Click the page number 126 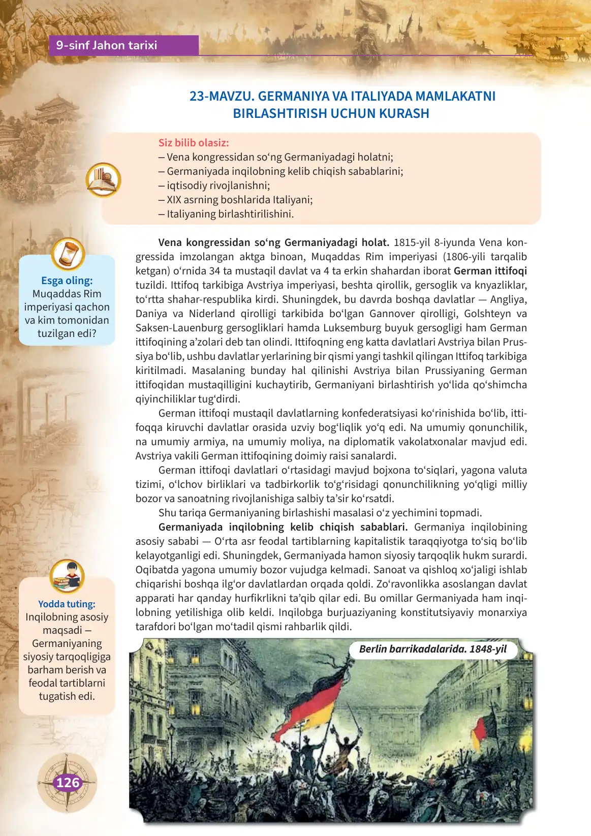[68, 782]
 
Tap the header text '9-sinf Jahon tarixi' [107, 45]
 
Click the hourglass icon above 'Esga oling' [68, 254]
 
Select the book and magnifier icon [103, 180]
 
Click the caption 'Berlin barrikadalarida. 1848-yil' [432, 649]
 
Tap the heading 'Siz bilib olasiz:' [194, 143]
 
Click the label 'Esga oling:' [67, 281]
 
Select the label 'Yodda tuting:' [67, 604]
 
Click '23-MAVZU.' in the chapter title [222, 97]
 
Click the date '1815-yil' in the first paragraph [412, 242]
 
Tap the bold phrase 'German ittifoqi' [490, 271]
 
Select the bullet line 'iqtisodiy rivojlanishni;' [218, 185]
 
